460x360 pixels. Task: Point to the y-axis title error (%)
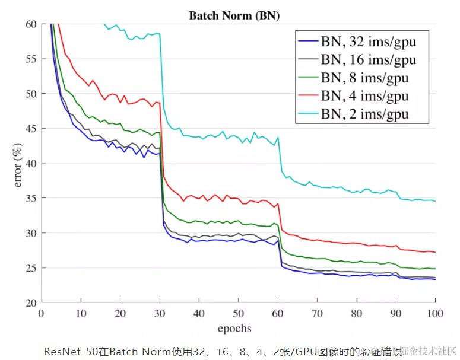pos(17,163)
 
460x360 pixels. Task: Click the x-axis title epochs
pos(234,328)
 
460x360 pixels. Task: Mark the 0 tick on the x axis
pos(41,313)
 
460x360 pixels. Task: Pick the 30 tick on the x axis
pos(160,313)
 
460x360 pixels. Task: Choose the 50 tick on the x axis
pos(239,313)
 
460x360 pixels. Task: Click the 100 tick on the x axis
pos(435,313)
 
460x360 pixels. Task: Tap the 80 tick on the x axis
pos(357,313)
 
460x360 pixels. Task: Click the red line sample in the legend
pos(307,96)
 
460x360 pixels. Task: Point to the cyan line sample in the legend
pos(307,114)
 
